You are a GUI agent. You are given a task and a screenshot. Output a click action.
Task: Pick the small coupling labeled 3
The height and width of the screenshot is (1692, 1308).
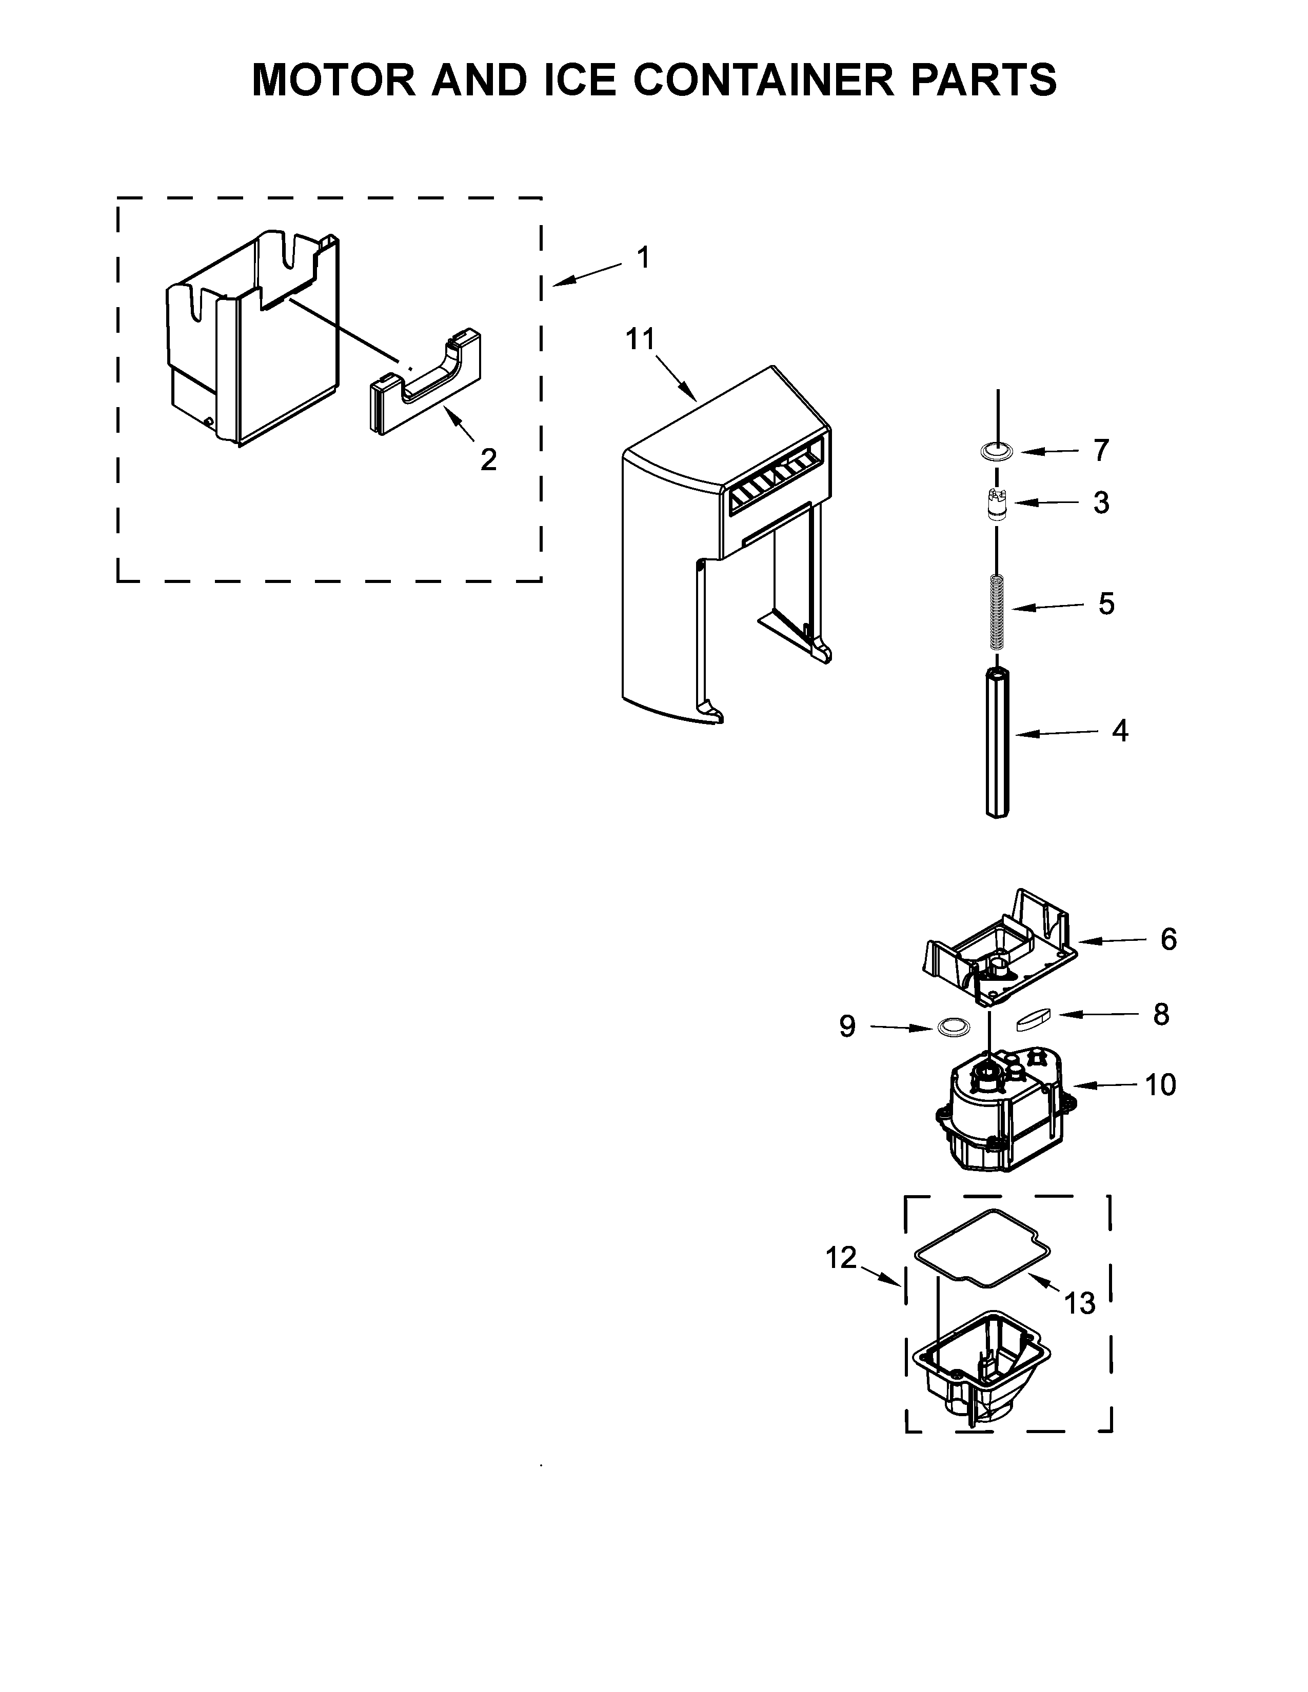[997, 505]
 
